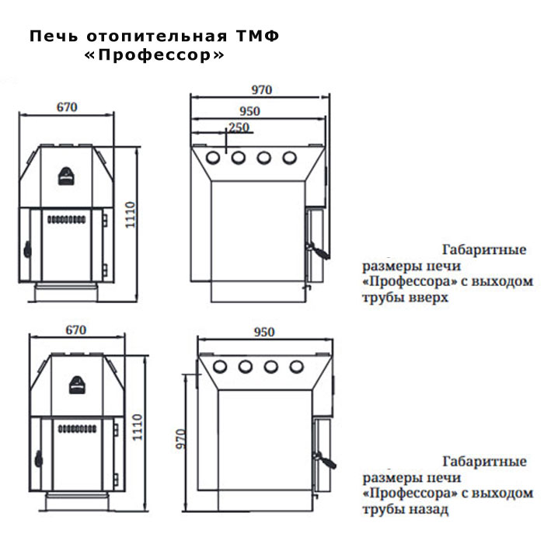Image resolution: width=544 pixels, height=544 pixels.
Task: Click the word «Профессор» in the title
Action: click(x=155, y=55)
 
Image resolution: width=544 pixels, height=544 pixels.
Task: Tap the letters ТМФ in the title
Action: click(x=258, y=36)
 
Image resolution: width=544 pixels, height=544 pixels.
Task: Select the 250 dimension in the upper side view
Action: click(x=239, y=127)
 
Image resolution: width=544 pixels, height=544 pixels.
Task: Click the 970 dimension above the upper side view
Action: click(x=262, y=90)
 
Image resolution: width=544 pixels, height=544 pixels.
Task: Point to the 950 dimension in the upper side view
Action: click(x=249, y=111)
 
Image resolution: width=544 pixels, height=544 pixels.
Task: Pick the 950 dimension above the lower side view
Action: click(x=264, y=332)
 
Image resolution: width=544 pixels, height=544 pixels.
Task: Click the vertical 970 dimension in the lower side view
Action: click(x=181, y=439)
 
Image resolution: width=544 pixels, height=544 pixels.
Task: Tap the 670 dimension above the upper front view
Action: click(x=67, y=107)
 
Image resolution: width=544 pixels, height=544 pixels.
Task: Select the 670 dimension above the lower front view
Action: click(x=76, y=330)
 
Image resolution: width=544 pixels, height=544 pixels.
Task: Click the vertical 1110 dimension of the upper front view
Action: click(x=130, y=214)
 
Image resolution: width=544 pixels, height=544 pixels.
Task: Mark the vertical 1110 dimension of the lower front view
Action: click(x=138, y=427)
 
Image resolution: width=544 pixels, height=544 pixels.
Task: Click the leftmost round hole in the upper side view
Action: click(x=213, y=158)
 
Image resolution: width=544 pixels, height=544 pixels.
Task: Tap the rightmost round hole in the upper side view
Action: click(x=289, y=158)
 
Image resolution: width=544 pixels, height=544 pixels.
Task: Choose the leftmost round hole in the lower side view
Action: click(x=220, y=367)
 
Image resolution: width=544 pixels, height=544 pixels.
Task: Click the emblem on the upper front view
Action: click(x=66, y=176)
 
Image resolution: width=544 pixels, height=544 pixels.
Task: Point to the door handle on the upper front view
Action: click(x=27, y=249)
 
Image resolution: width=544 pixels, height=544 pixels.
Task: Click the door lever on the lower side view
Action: click(x=325, y=460)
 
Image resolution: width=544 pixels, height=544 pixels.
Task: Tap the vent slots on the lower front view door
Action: click(x=77, y=429)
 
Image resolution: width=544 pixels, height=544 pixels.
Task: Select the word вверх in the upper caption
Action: click(x=429, y=298)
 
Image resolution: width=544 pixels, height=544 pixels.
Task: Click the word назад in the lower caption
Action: click(x=429, y=509)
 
